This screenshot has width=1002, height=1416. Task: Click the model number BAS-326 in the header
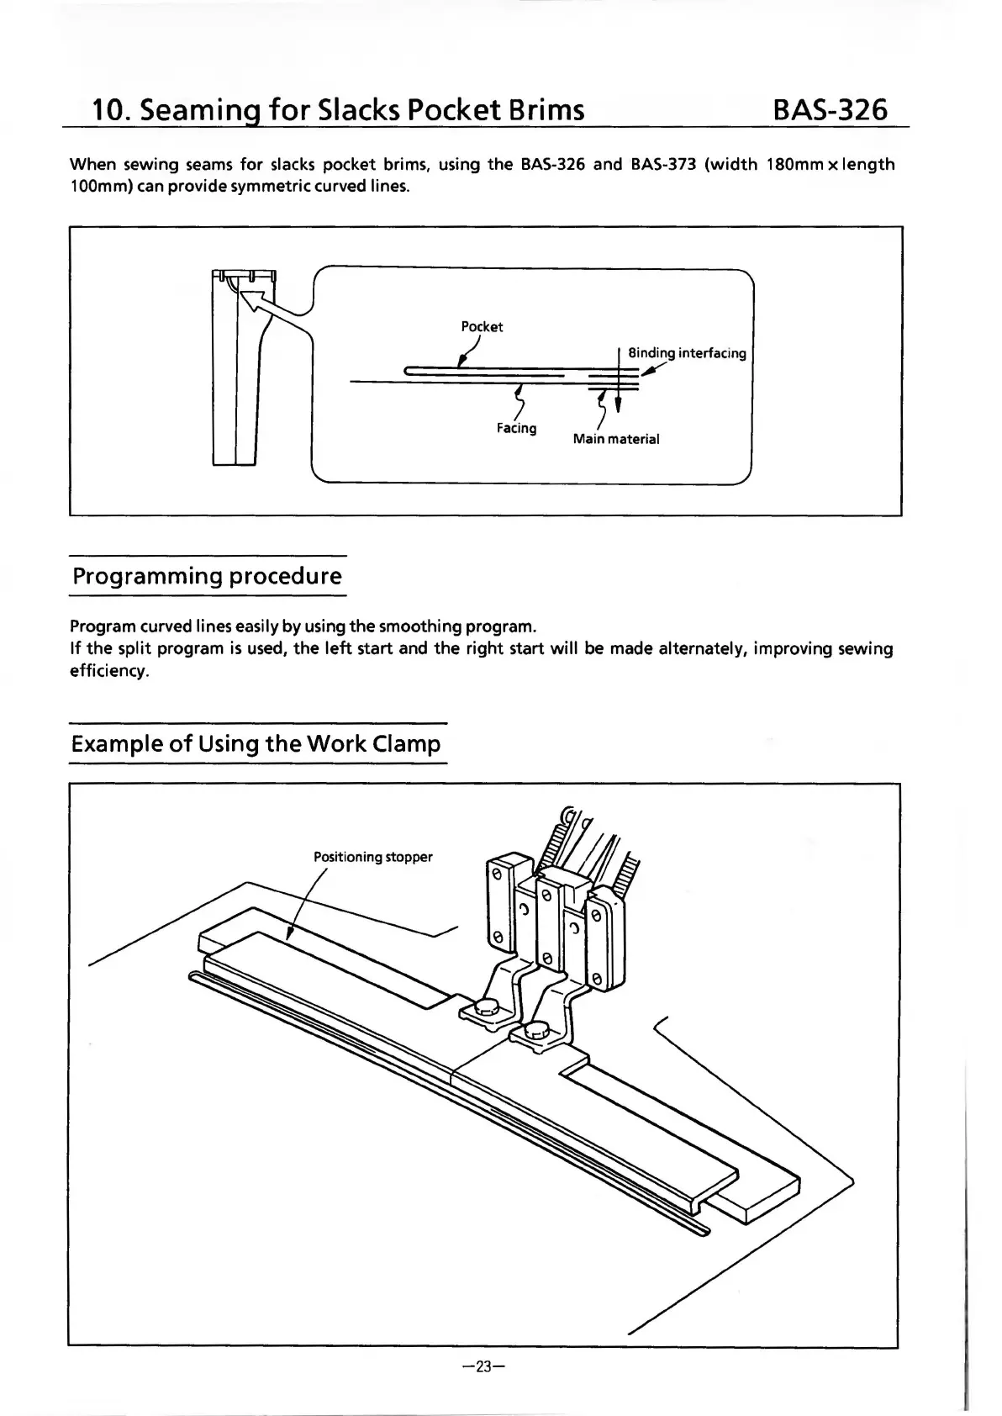click(829, 109)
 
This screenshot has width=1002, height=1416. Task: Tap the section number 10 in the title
click(108, 110)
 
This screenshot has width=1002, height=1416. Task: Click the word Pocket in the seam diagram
click(482, 326)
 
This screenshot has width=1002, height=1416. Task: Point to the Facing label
click(516, 428)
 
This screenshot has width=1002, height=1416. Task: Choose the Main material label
click(615, 439)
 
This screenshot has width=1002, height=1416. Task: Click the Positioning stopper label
click(372, 857)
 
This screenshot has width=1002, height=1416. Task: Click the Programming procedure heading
click(207, 577)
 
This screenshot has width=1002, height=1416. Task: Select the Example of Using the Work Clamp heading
click(256, 744)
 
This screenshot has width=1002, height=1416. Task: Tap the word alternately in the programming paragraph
click(703, 649)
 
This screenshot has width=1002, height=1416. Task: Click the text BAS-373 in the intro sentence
click(662, 164)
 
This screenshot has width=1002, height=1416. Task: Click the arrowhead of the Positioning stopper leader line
click(290, 934)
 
